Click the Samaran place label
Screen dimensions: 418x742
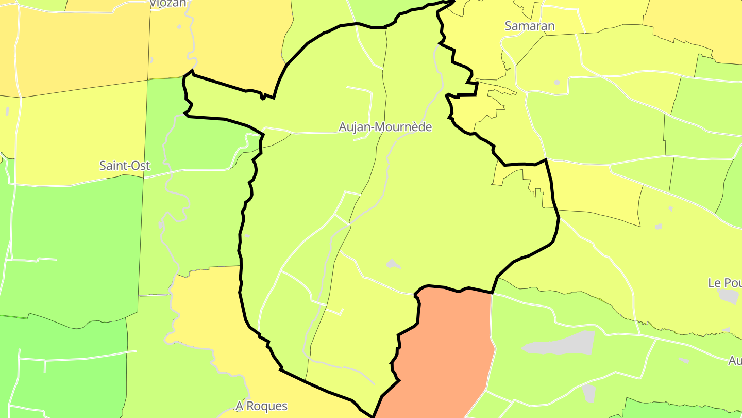point(530,26)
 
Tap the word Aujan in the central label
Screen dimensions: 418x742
point(355,127)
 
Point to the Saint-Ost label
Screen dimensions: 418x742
point(125,166)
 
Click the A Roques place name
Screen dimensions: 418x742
point(261,406)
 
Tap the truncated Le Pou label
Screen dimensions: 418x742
point(724,283)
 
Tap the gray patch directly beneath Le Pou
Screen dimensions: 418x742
point(729,296)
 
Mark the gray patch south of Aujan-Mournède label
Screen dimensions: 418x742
point(393,264)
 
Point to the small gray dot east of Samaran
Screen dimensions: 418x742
point(557,82)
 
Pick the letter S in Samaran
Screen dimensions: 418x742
point(509,26)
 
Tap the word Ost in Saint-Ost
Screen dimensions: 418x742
point(141,166)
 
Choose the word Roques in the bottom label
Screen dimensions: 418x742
point(267,406)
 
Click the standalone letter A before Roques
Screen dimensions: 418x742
point(239,406)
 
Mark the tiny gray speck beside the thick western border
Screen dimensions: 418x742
point(247,236)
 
